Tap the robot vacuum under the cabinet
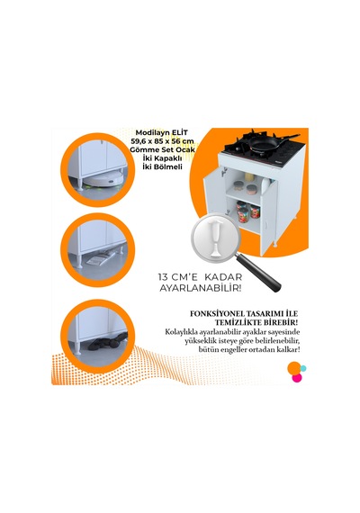[103, 180]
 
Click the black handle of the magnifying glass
[259, 273]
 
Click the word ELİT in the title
[181, 132]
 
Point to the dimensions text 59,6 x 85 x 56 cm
[162, 141]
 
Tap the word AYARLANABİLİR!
[201, 289]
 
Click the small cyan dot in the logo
[303, 368]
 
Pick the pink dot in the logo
[297, 378]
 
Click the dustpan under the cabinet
[100, 259]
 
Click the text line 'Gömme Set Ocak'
[162, 149]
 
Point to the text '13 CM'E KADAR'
[200, 277]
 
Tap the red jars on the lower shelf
[248, 213]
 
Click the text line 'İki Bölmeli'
[162, 166]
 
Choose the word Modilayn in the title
[153, 133]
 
